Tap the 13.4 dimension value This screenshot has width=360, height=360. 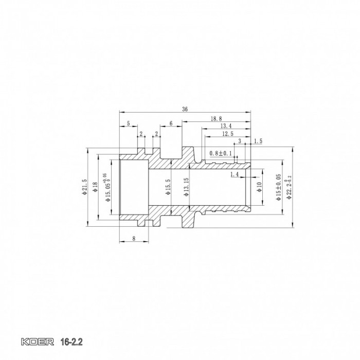(225, 125)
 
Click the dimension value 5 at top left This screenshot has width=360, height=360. (128, 123)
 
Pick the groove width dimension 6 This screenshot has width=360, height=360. (171, 123)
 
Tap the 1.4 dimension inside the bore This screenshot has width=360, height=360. (235, 175)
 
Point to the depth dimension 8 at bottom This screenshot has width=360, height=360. (134, 238)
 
